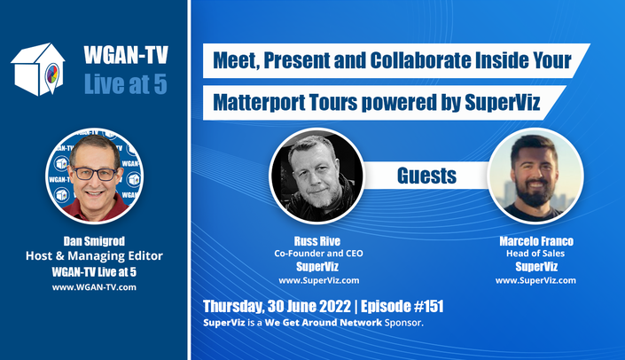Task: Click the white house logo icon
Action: pos(38,69)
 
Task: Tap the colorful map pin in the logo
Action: pos(52,75)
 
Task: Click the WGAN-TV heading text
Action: pos(126,55)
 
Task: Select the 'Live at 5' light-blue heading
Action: pos(126,84)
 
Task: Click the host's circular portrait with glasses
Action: pos(95,176)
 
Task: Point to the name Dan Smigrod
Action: pos(94,241)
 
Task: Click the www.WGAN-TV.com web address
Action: pos(94,287)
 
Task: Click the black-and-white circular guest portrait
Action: pos(317,176)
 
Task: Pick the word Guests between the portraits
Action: pos(426,176)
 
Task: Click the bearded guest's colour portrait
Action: pos(535,176)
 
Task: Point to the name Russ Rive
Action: pos(317,241)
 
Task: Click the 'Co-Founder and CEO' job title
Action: pos(318,254)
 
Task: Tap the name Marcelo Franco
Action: pos(536,241)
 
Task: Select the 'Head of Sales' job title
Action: pos(535,254)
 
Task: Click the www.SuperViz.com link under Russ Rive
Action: pos(319,280)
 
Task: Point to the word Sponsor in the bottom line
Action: pos(402,323)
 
